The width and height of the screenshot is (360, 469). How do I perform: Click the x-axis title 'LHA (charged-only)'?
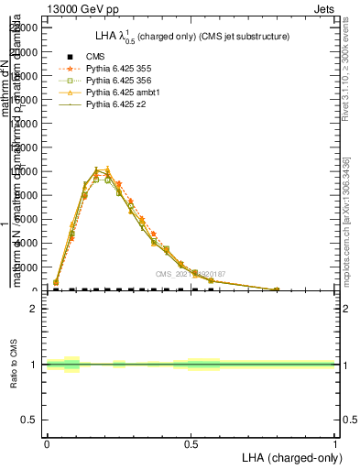click(x=289, y=456)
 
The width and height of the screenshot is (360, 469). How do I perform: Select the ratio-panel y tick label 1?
click(x=34, y=365)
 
